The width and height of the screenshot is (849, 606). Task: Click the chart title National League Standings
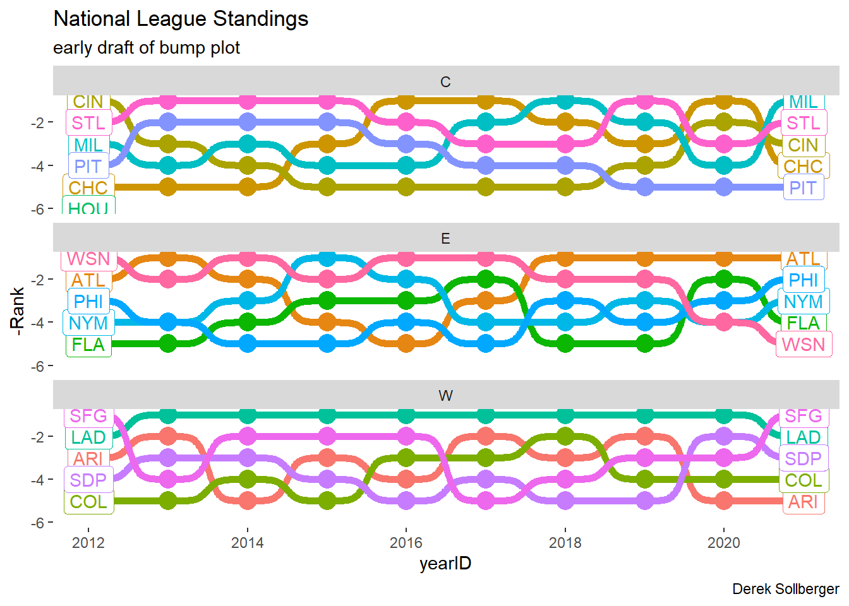point(181,19)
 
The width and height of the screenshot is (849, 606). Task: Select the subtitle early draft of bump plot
point(147,48)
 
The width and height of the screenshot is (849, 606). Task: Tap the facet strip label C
point(445,82)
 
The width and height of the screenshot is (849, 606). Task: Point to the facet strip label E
point(445,239)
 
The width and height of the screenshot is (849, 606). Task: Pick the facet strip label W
point(445,396)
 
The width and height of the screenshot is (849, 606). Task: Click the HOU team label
point(88,208)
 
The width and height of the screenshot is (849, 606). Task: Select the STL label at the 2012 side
point(88,123)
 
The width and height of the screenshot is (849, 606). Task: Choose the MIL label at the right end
point(803,102)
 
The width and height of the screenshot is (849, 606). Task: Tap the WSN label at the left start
point(88,259)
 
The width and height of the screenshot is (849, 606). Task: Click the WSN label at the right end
point(803,345)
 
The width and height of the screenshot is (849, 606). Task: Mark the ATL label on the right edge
point(803,259)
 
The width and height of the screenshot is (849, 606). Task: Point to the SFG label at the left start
point(88,416)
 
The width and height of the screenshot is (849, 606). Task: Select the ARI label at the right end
point(803,502)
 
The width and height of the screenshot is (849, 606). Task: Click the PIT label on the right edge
point(803,188)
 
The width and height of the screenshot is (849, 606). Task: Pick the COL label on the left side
point(88,502)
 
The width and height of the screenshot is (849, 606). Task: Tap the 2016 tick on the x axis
point(406,542)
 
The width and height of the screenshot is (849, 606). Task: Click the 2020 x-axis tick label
point(723,542)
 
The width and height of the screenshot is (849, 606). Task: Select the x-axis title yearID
point(445,563)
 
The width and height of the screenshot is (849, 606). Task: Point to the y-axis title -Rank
point(17,311)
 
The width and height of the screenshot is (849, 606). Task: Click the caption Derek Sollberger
point(785,589)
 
